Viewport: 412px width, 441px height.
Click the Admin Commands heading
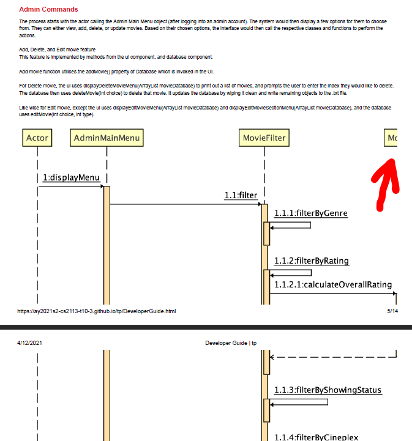click(x=48, y=9)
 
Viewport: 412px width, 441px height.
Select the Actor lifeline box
click(x=37, y=138)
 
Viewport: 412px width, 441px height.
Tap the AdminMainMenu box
click(x=107, y=138)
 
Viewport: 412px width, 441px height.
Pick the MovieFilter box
click(x=264, y=138)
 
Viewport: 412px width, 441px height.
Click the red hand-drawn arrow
click(x=385, y=183)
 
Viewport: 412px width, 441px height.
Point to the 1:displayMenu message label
click(x=71, y=178)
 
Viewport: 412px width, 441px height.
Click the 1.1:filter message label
click(x=241, y=196)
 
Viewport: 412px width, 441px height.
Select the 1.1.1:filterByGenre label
click(x=311, y=213)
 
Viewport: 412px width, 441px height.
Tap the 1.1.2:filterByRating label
click(x=312, y=261)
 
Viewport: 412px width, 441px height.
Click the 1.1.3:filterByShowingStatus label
click(x=328, y=390)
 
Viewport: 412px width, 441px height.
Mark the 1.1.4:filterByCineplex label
click(x=316, y=436)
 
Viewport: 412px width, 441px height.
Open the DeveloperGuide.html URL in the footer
click(x=97, y=311)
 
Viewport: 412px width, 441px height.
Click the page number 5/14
click(x=392, y=311)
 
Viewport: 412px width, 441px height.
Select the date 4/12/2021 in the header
click(x=31, y=343)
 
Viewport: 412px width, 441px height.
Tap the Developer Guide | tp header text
click(x=231, y=343)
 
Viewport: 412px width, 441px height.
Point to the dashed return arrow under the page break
click(x=333, y=357)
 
